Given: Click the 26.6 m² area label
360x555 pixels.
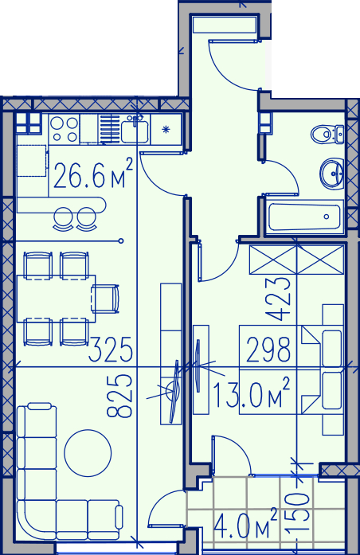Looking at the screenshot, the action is tap(93, 174).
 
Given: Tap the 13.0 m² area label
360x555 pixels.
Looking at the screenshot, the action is tap(252, 393).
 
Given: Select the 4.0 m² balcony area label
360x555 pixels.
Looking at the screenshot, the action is tap(245, 523).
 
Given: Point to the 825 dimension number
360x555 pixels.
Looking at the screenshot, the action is tap(119, 396).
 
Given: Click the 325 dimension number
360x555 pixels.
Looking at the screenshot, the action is tap(111, 350).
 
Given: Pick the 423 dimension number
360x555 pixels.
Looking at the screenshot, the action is tap(278, 299).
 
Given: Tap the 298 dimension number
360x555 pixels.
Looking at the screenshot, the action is tap(268, 350).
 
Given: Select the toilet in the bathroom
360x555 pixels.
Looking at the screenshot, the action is tap(327, 134).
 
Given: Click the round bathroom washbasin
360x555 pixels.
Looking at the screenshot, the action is tap(332, 173).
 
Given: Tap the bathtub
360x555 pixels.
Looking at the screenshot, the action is tap(304, 217).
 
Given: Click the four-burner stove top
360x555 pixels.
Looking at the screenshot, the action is tap(64, 129).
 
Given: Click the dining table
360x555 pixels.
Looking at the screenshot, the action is tap(57, 299).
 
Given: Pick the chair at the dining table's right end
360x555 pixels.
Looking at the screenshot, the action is tap(105, 299).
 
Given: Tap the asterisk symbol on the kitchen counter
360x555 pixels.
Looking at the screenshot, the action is tap(166, 130).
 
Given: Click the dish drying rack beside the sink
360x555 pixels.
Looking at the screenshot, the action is tap(110, 130).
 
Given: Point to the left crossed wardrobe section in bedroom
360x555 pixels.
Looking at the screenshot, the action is tap(273, 260).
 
